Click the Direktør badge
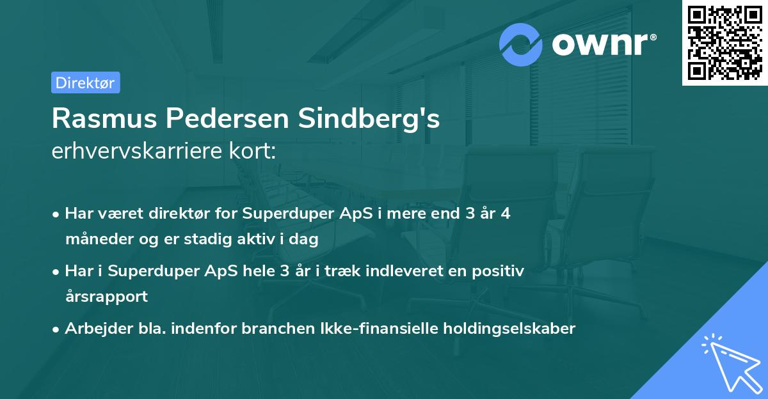point(85,82)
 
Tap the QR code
point(724,43)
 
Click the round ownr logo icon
point(522,44)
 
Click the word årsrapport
point(106,297)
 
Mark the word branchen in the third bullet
point(275,329)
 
